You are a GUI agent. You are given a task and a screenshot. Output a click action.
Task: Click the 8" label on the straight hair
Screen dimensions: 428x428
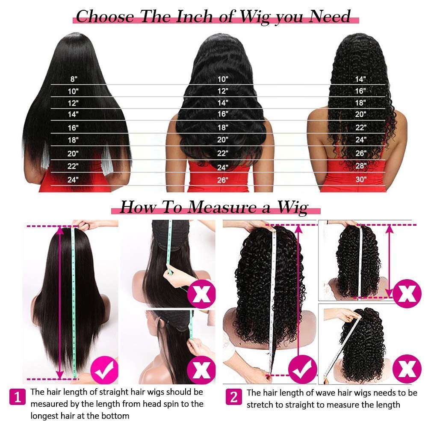pyautogui.click(x=74, y=79)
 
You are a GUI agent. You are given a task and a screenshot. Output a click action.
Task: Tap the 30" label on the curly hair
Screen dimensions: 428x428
pyautogui.click(x=361, y=179)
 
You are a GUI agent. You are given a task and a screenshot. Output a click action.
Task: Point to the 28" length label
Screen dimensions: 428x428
pyautogui.click(x=361, y=165)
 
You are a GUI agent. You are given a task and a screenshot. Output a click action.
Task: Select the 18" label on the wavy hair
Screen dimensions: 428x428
pyautogui.click(x=223, y=127)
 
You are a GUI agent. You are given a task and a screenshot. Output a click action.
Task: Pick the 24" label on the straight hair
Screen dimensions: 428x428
pyautogui.click(x=73, y=180)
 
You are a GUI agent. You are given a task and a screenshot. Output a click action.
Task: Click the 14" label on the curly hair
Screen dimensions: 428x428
pyautogui.click(x=361, y=79)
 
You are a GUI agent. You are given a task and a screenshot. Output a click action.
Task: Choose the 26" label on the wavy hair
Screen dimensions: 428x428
pyautogui.click(x=223, y=180)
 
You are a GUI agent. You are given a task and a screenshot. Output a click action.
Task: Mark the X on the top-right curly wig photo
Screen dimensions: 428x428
pyautogui.click(x=406, y=294)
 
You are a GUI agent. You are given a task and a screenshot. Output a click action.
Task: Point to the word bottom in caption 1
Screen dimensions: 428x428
pyautogui.click(x=116, y=415)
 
